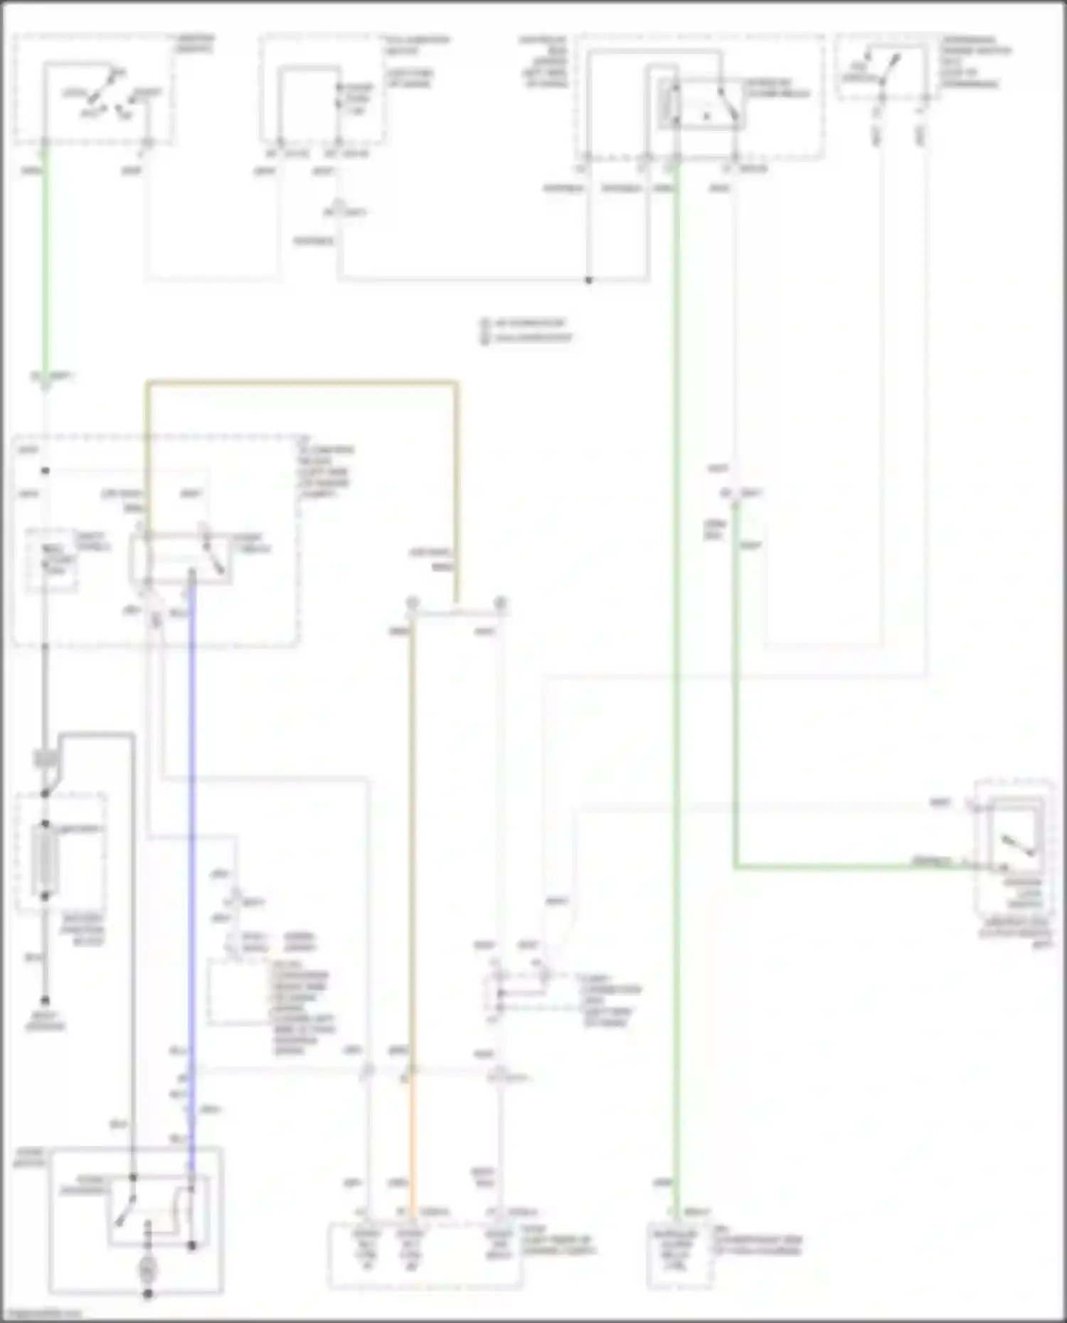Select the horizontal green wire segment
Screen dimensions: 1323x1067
[854, 867]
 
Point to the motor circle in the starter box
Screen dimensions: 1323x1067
[148, 1269]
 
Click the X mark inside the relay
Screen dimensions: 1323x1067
[706, 116]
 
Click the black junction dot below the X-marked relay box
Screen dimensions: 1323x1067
[589, 280]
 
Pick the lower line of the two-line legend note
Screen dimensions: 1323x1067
[527, 338]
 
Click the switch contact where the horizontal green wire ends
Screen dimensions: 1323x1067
[1004, 867]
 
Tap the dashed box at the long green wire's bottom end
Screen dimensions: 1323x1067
[679, 1255]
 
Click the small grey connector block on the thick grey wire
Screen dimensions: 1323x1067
[46, 759]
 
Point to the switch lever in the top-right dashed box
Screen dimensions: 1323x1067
[889, 68]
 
